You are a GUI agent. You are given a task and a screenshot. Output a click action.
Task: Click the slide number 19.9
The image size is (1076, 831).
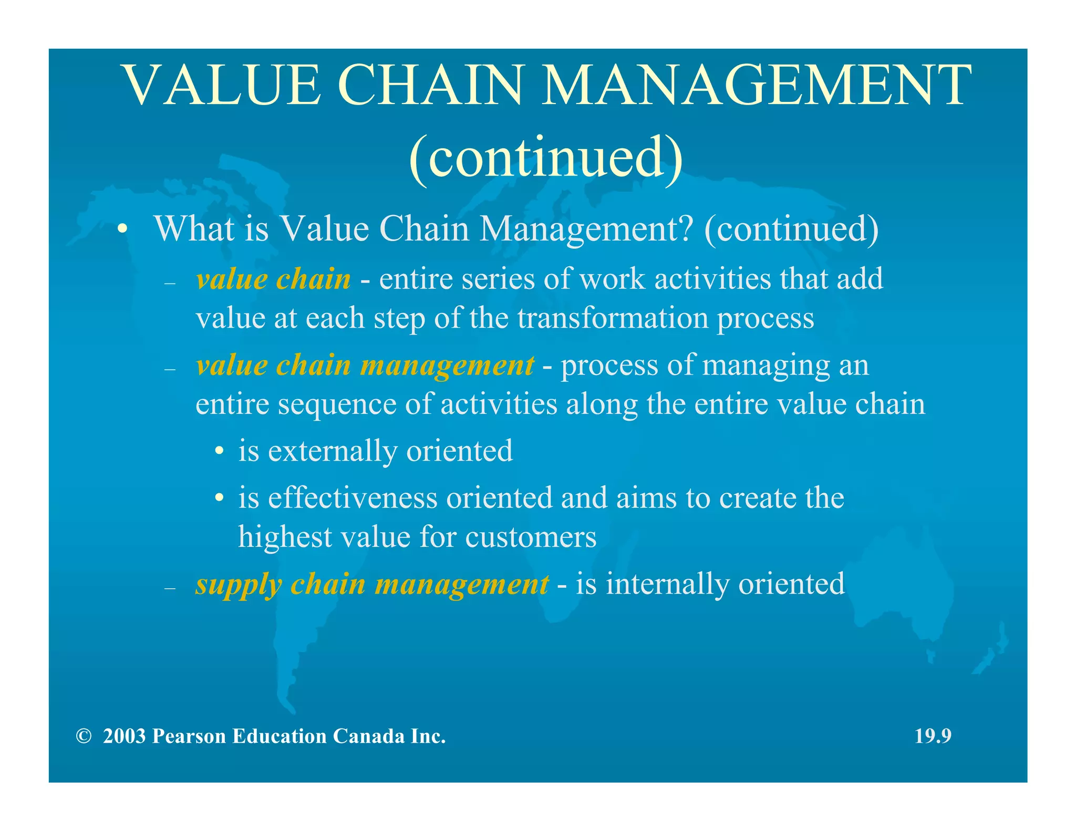[933, 736]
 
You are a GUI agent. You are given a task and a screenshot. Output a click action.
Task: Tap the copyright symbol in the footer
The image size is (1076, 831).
[84, 736]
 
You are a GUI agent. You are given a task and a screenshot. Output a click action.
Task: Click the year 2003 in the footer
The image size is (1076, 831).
[124, 736]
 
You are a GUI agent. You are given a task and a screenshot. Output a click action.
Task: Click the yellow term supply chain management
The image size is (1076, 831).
[371, 584]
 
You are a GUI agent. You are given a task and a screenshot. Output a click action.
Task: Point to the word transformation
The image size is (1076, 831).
[613, 318]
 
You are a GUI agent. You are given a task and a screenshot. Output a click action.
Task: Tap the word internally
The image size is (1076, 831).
[667, 584]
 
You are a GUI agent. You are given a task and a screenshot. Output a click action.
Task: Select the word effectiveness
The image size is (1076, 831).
[353, 498]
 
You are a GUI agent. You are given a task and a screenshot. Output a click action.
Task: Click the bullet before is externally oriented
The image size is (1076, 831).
[220, 452]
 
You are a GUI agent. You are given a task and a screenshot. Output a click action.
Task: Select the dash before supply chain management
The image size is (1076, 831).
[169, 588]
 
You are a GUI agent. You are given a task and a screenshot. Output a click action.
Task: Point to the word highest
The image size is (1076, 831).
[285, 537]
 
